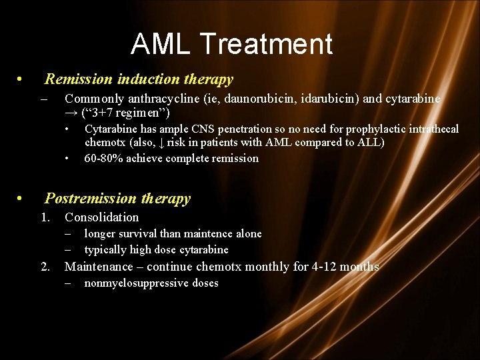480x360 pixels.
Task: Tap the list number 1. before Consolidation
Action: (x=45, y=217)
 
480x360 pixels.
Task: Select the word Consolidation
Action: (x=101, y=217)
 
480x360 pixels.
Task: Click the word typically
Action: (x=105, y=249)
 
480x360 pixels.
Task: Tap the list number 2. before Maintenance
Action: (x=45, y=267)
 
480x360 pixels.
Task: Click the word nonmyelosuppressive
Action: (x=133, y=283)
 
